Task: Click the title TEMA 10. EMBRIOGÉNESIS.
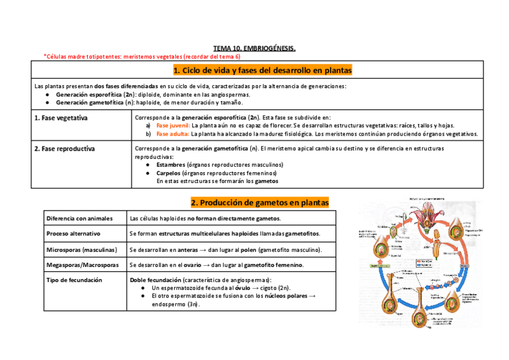(254, 48)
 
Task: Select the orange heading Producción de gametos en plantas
(260, 202)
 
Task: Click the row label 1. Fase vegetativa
(61, 118)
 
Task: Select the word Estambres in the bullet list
(170, 164)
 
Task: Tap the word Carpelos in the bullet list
(169, 173)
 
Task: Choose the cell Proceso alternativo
(73, 233)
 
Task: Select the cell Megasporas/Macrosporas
(82, 265)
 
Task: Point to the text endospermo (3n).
(176, 304)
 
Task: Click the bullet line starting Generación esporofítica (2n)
(153, 95)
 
